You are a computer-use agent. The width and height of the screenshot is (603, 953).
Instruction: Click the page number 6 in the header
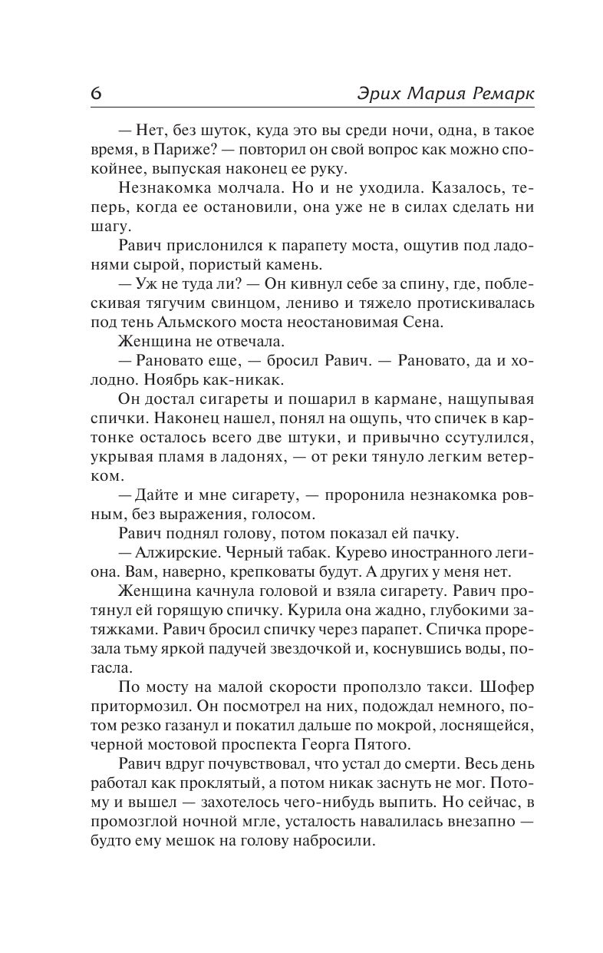[96, 93]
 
